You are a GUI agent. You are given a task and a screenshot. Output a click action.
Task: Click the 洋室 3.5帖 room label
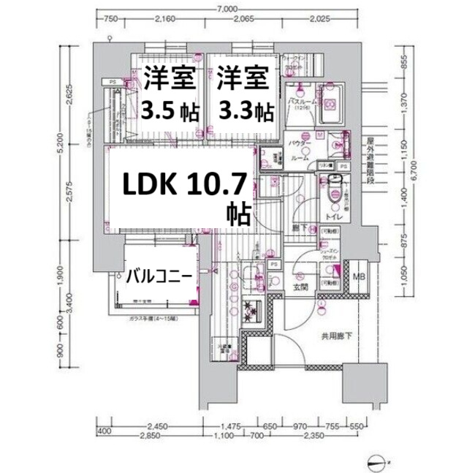pos(169,94)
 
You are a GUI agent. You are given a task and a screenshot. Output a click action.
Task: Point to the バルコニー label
pos(159,276)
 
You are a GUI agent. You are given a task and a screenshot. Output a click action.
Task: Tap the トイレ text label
pos(337,216)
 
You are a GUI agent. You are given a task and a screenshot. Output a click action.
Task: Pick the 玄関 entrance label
pos(301,287)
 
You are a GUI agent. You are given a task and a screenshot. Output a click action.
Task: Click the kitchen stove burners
pos(253,312)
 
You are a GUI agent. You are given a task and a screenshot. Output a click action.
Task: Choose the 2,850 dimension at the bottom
pos(151,437)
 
